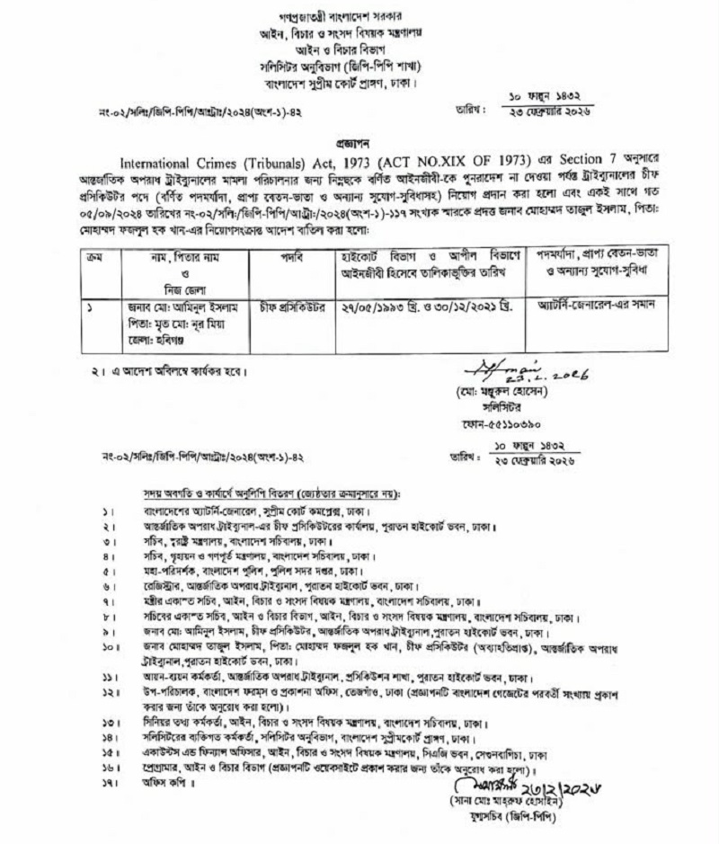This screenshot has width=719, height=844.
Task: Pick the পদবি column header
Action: click(x=288, y=260)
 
